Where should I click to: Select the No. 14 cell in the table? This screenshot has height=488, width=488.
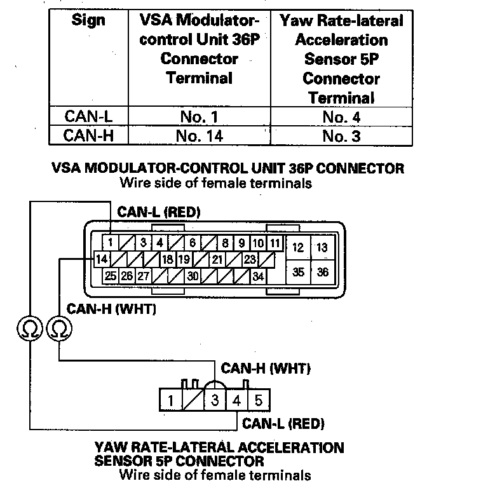(x=199, y=135)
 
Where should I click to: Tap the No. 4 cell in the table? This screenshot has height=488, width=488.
(x=341, y=117)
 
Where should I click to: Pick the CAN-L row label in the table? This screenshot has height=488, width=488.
(x=88, y=117)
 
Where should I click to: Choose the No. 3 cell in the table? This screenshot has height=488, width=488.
(x=341, y=135)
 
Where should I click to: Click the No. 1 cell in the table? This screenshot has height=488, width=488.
(x=199, y=117)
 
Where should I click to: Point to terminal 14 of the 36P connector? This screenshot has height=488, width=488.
(x=102, y=259)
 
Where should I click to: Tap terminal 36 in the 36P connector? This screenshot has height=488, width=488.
(x=323, y=272)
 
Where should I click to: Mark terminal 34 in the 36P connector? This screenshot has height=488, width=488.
(x=257, y=276)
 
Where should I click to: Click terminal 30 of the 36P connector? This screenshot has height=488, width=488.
(x=193, y=276)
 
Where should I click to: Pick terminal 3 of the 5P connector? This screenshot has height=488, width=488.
(x=215, y=400)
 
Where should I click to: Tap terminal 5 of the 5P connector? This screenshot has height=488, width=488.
(x=258, y=400)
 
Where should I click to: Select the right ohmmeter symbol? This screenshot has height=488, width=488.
(x=59, y=329)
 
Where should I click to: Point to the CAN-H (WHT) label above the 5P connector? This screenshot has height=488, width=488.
(x=265, y=368)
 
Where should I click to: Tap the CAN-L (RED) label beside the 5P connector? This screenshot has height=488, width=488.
(x=283, y=423)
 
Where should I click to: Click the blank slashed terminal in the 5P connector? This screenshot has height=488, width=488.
(x=193, y=400)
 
